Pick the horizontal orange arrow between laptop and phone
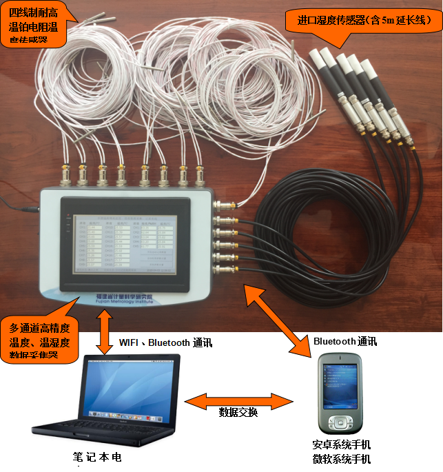click(237, 401)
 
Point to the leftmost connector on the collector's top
click(65, 174)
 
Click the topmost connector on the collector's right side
click(225, 205)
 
